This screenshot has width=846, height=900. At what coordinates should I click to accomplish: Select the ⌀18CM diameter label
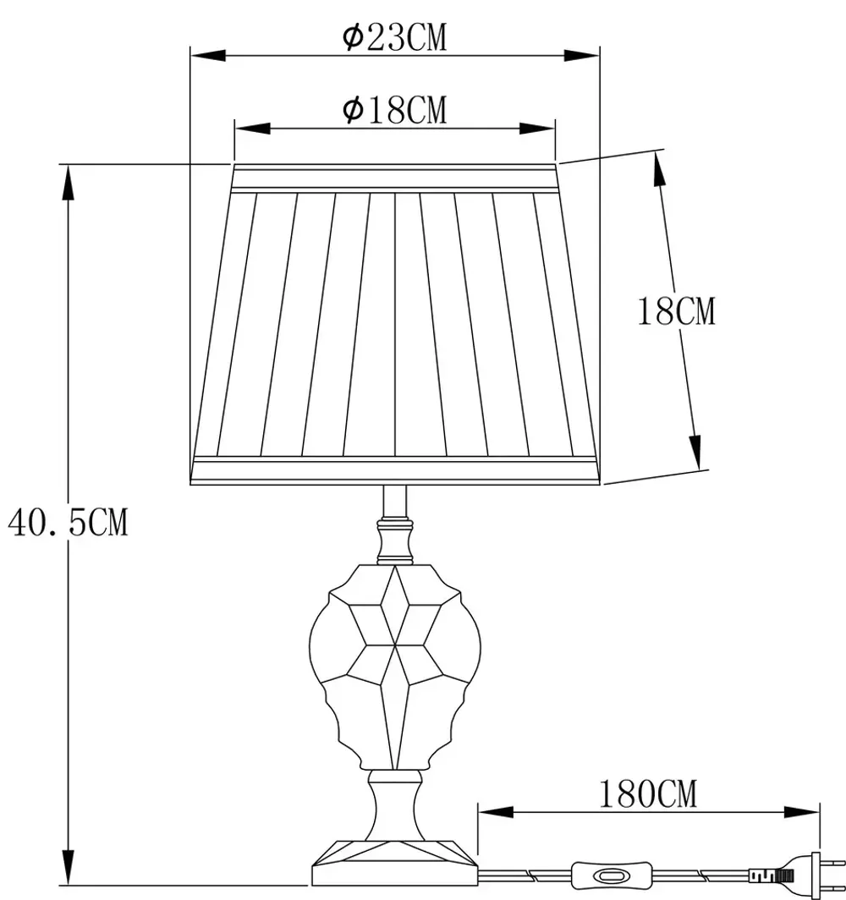pyautogui.click(x=394, y=109)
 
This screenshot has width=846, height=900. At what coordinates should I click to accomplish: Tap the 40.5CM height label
pyautogui.click(x=68, y=523)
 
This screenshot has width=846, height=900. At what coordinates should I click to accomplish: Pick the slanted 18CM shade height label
pyautogui.click(x=676, y=311)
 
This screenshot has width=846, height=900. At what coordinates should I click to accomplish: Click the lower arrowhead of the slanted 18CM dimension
pyautogui.click(x=695, y=453)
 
